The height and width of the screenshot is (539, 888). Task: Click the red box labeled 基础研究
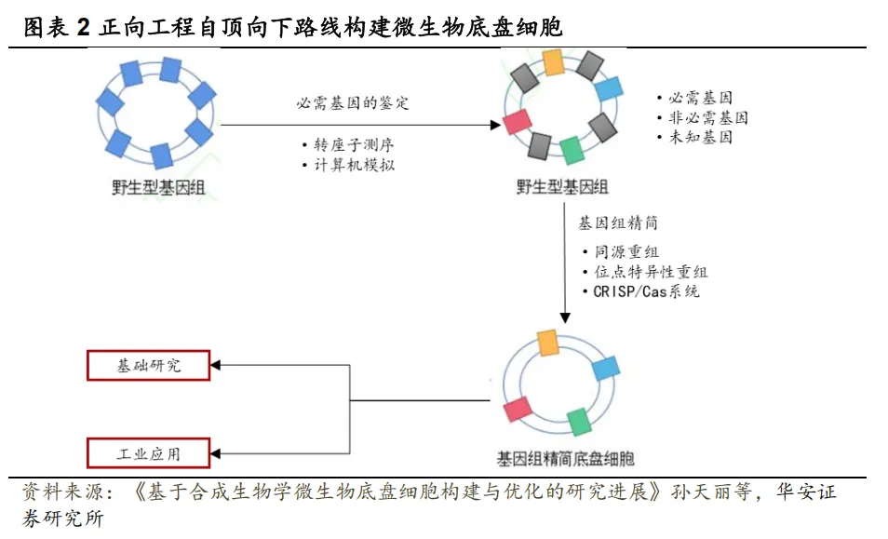pyautogui.click(x=149, y=366)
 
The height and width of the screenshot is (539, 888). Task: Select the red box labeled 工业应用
pyautogui.click(x=149, y=453)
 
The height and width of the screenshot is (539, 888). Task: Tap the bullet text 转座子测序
pyautogui.click(x=343, y=145)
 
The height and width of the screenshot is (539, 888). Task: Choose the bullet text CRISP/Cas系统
pyautogui.click(x=646, y=290)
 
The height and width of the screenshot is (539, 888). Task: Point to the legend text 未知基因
pyautogui.click(x=700, y=137)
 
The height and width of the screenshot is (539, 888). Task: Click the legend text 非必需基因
pyautogui.click(x=707, y=117)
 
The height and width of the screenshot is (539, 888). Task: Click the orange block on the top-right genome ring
pyautogui.click(x=553, y=61)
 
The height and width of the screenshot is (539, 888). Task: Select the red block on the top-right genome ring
pyautogui.click(x=517, y=122)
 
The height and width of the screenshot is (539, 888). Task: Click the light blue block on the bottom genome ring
pyautogui.click(x=606, y=368)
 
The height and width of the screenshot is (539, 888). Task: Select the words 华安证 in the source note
pyautogui.click(x=806, y=492)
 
